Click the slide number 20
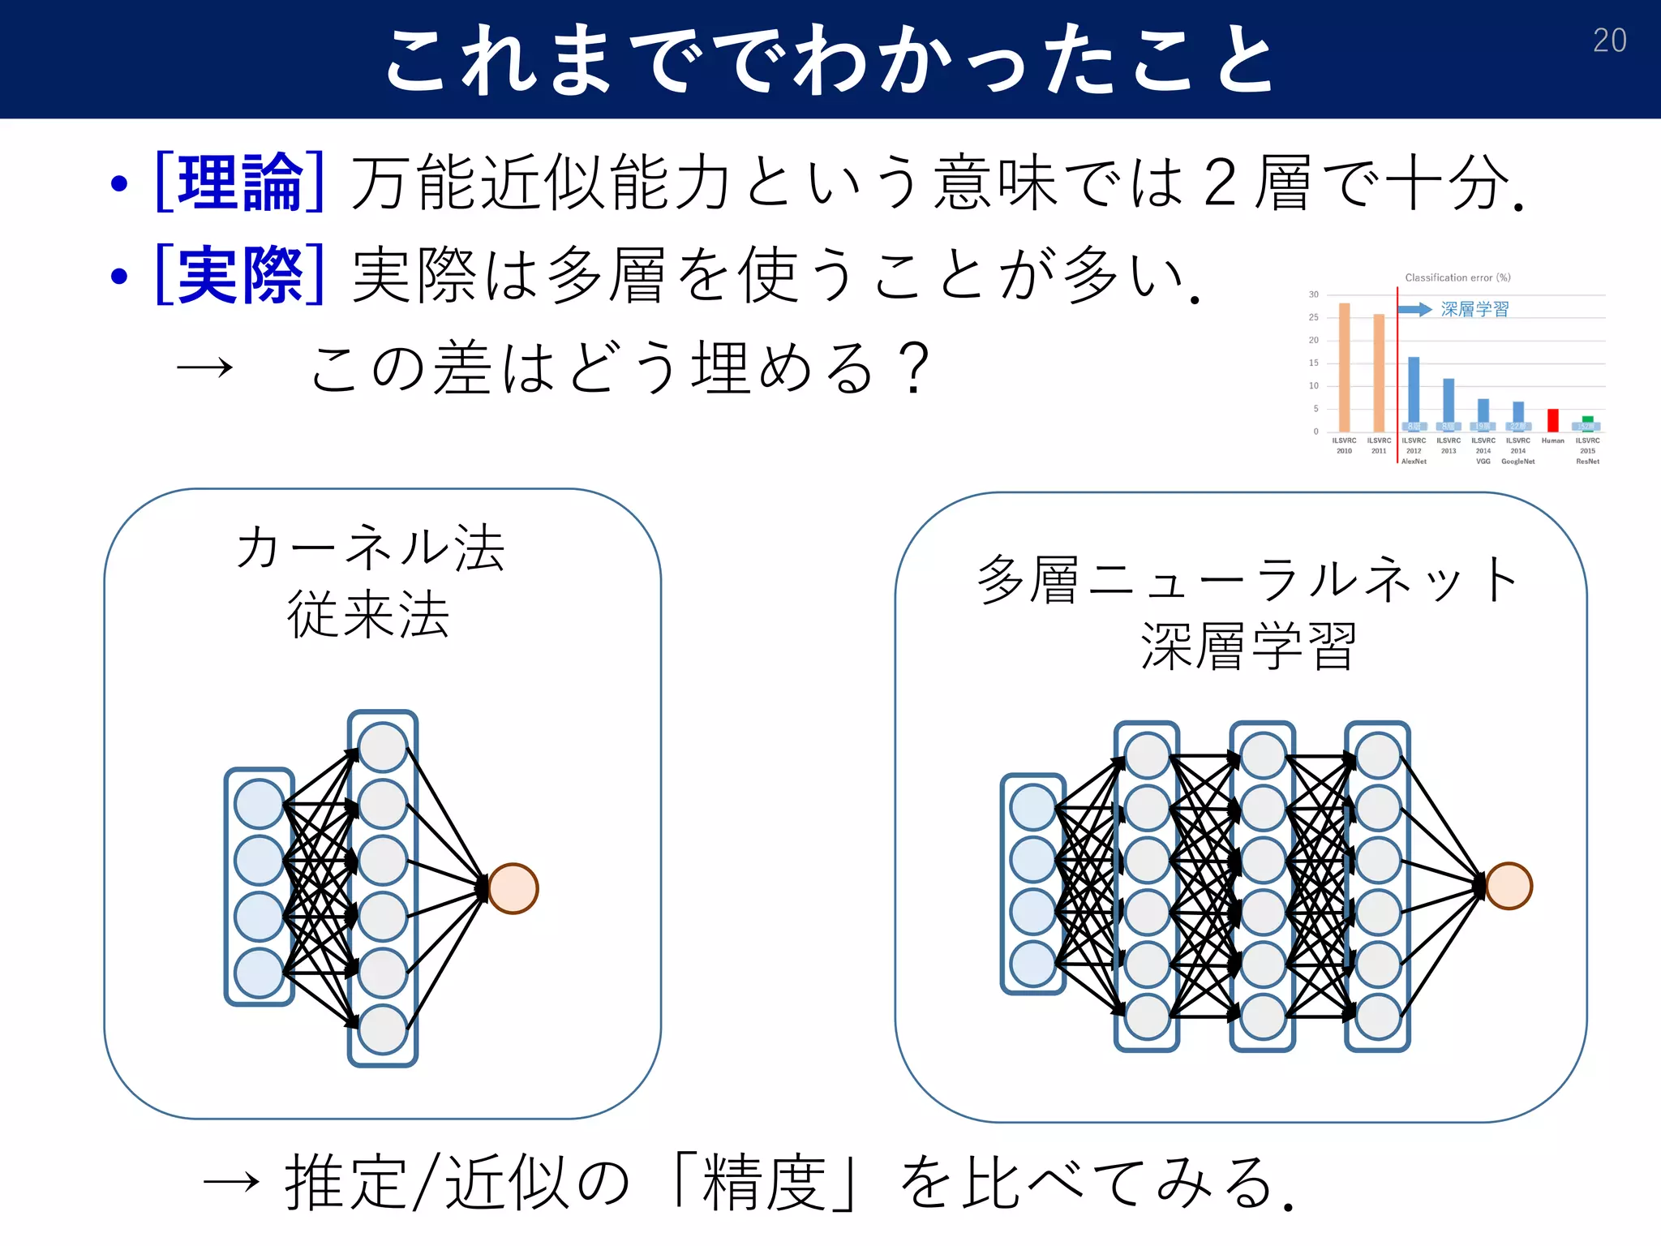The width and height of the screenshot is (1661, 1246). click(x=1609, y=41)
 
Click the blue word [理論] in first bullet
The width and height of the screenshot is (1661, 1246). click(x=240, y=183)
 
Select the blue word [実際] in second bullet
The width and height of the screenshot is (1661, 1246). click(x=240, y=276)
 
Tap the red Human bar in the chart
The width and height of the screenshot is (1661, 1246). click(x=1552, y=420)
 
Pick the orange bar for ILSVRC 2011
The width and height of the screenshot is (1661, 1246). click(x=1379, y=372)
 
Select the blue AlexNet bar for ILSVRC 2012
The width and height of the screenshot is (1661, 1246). click(x=1414, y=389)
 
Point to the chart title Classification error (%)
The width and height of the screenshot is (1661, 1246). click(x=1457, y=277)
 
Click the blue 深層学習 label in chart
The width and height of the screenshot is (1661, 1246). click(x=1474, y=309)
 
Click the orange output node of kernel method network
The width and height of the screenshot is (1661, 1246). click(x=513, y=888)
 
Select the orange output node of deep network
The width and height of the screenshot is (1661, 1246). click(x=1509, y=885)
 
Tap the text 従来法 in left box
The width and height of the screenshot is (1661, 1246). click(x=368, y=614)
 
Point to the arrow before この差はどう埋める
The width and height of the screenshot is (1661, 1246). click(x=204, y=369)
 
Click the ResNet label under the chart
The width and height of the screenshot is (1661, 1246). click(x=1587, y=462)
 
